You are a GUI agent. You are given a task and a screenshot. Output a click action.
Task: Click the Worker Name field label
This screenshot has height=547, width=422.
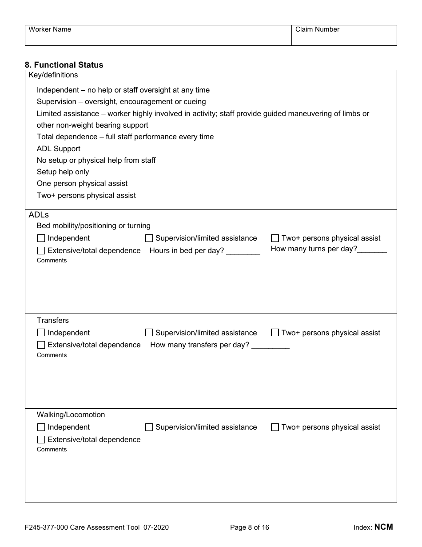(50, 29)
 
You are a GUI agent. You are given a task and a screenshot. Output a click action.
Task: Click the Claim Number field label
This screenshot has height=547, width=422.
(317, 29)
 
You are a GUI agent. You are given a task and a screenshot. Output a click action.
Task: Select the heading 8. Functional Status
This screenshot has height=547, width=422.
(64, 65)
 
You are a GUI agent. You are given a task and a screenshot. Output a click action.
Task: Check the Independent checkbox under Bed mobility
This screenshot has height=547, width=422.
(41, 238)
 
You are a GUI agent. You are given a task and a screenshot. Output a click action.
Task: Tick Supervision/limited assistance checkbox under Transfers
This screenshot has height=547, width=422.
(149, 333)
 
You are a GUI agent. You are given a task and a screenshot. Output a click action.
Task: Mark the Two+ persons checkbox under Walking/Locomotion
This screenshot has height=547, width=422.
(275, 427)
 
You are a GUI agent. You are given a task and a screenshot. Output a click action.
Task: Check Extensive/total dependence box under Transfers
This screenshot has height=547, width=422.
(41, 345)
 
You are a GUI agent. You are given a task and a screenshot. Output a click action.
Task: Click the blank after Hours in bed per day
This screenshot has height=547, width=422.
(243, 251)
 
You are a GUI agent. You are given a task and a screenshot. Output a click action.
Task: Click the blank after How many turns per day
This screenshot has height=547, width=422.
(372, 249)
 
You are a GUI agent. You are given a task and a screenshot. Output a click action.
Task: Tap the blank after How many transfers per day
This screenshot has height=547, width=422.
(271, 346)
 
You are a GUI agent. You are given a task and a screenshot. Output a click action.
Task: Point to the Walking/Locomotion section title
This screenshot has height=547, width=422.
(71, 414)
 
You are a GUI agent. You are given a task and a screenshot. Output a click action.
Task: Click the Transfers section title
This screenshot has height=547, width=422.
(52, 320)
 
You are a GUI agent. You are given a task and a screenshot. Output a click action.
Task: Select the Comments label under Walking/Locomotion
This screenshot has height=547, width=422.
(52, 450)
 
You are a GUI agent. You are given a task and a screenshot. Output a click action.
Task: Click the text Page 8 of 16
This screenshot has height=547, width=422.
(250, 527)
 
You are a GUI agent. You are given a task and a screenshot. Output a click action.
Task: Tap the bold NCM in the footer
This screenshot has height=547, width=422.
(384, 527)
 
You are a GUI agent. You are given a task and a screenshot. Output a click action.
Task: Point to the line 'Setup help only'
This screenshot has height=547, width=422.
(63, 172)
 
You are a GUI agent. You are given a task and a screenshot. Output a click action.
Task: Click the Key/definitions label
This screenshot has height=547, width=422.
(53, 75)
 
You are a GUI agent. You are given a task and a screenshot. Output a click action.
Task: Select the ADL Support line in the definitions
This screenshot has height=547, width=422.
(58, 149)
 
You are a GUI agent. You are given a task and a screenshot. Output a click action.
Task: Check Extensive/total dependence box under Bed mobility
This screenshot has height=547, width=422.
(41, 251)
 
